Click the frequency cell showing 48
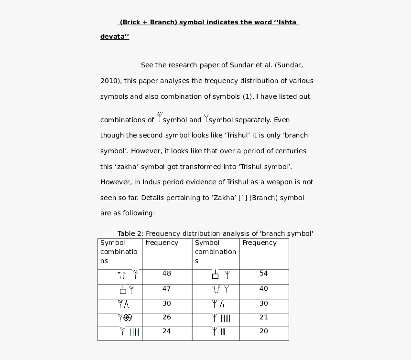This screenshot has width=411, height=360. coord(166,274)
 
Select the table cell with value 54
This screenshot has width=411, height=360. coord(263,274)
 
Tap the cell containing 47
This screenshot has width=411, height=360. coord(166,289)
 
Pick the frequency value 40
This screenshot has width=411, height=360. coord(263,289)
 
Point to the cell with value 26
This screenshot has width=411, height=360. coord(166,317)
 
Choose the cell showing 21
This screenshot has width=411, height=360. coord(263,317)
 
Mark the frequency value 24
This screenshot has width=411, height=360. coord(166,331)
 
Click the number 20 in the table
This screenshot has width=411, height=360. coord(263,331)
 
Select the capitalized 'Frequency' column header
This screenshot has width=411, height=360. coord(259,243)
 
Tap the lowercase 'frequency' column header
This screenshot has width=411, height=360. coord(162,243)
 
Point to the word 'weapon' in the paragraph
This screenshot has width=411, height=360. coord(279,182)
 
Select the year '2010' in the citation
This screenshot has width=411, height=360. coord(109,81)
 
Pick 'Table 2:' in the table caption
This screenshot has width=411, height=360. coord(130,233)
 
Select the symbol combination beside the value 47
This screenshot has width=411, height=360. coord(127,289)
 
